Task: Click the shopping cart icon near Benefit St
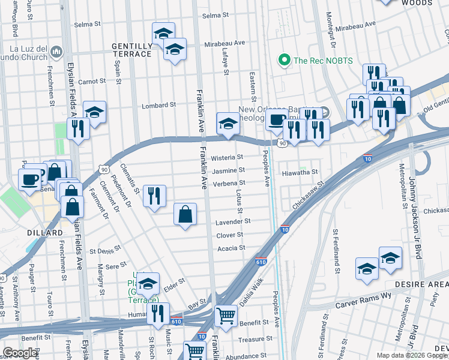click(226, 315)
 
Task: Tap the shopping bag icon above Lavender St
click(185, 214)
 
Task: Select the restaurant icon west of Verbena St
click(154, 196)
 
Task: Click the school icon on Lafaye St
click(227, 124)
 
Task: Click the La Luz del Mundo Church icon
click(57, 52)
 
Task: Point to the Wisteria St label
click(227, 158)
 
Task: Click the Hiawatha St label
click(299, 172)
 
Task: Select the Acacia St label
click(231, 248)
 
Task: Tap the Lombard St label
click(158, 105)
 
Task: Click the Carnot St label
click(92, 81)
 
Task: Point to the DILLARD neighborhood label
click(44, 232)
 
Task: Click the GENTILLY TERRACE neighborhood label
click(131, 50)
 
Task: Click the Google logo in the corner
click(20, 352)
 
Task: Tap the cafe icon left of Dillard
click(29, 179)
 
